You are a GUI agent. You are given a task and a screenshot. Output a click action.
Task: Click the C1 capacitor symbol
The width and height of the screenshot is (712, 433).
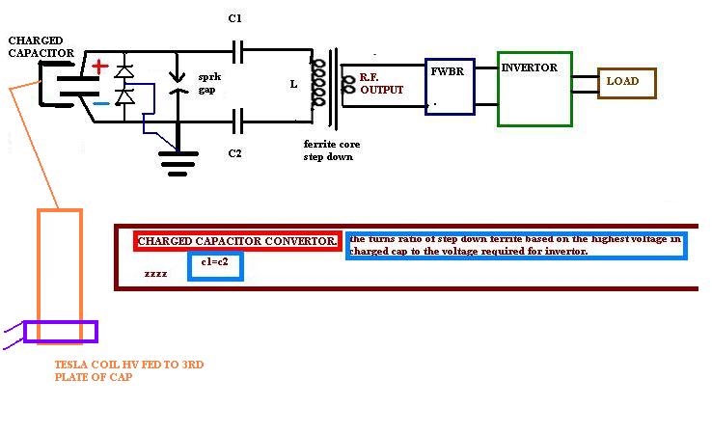click(x=237, y=52)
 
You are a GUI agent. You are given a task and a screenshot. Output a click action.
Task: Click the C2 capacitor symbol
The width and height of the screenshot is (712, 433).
click(x=237, y=122)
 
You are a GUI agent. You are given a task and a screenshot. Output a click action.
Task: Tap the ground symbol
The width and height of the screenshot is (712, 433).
click(x=178, y=163)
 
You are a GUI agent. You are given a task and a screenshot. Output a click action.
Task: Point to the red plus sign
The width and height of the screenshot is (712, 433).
click(x=100, y=68)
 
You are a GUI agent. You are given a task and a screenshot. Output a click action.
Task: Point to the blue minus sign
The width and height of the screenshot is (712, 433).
click(x=101, y=104)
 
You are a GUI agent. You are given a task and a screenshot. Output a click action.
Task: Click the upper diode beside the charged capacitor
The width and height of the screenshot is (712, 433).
click(x=123, y=71)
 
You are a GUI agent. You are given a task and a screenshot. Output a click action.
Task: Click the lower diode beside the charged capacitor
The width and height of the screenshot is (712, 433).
click(x=123, y=96)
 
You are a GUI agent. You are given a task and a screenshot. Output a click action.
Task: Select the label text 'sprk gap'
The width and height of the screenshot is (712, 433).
click(x=209, y=84)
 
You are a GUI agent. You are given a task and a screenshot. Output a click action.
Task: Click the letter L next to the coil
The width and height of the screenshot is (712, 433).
click(x=294, y=85)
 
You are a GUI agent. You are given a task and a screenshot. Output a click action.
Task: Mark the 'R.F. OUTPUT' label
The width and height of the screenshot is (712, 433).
click(x=381, y=84)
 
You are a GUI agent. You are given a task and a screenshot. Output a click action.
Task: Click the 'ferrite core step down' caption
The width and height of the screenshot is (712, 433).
click(x=332, y=150)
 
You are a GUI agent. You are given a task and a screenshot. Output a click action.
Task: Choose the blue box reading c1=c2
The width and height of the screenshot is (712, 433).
click(x=216, y=266)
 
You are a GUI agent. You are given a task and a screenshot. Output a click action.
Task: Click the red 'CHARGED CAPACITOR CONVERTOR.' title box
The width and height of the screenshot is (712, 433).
click(x=237, y=241)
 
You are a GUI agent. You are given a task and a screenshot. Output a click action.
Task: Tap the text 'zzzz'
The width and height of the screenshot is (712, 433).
click(x=155, y=274)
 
